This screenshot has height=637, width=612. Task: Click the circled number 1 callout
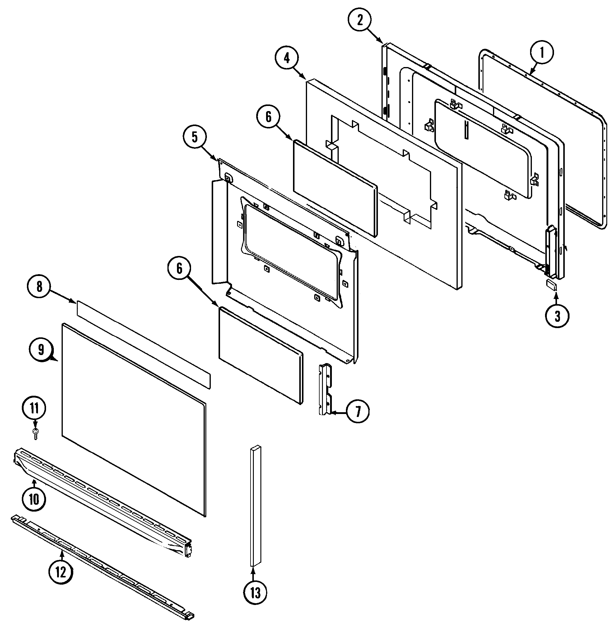click(x=541, y=53)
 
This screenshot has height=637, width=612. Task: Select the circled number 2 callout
click(x=359, y=20)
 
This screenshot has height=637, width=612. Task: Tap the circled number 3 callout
click(x=557, y=316)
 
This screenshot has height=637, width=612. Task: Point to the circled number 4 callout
click(x=286, y=58)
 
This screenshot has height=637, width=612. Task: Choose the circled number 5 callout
click(x=194, y=137)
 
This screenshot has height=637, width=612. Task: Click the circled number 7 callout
click(x=358, y=412)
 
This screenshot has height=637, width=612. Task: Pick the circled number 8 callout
click(x=39, y=287)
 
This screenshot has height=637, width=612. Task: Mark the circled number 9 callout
click(x=41, y=350)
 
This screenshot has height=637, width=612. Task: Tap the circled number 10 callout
click(x=34, y=499)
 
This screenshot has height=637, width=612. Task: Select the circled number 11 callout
click(x=34, y=409)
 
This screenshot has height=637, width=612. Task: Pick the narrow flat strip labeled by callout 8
click(x=143, y=345)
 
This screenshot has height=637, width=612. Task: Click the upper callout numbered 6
click(x=268, y=117)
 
